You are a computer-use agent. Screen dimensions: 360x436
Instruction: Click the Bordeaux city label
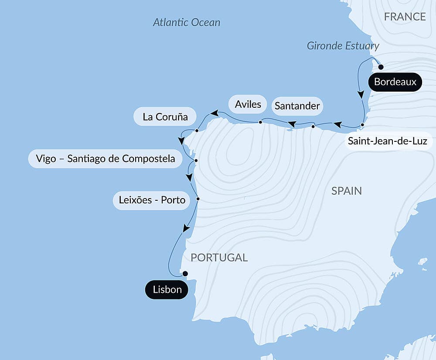click(395, 82)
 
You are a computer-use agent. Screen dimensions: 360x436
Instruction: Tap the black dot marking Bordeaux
click(381, 67)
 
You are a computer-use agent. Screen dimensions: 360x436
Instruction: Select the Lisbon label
click(167, 290)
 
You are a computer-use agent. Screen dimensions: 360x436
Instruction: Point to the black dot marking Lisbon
click(185, 274)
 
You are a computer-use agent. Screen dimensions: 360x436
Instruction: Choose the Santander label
click(297, 106)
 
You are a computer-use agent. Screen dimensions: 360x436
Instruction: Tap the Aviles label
click(248, 104)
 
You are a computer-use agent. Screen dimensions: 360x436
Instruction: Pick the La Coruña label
click(165, 117)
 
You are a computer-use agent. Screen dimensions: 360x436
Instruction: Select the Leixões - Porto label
click(152, 200)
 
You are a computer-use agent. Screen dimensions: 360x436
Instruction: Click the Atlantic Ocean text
click(187, 22)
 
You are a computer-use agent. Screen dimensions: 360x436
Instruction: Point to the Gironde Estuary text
click(343, 45)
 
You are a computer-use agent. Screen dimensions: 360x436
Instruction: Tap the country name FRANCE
click(405, 17)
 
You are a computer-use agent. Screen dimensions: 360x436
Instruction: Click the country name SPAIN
click(347, 191)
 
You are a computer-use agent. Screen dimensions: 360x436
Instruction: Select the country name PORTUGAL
click(219, 257)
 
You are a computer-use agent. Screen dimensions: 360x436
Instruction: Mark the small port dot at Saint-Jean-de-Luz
click(362, 125)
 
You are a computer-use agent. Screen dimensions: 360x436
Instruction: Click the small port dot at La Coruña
click(197, 130)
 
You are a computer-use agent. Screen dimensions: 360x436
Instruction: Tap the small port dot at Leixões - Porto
click(198, 199)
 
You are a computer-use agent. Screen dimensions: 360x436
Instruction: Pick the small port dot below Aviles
click(260, 122)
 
